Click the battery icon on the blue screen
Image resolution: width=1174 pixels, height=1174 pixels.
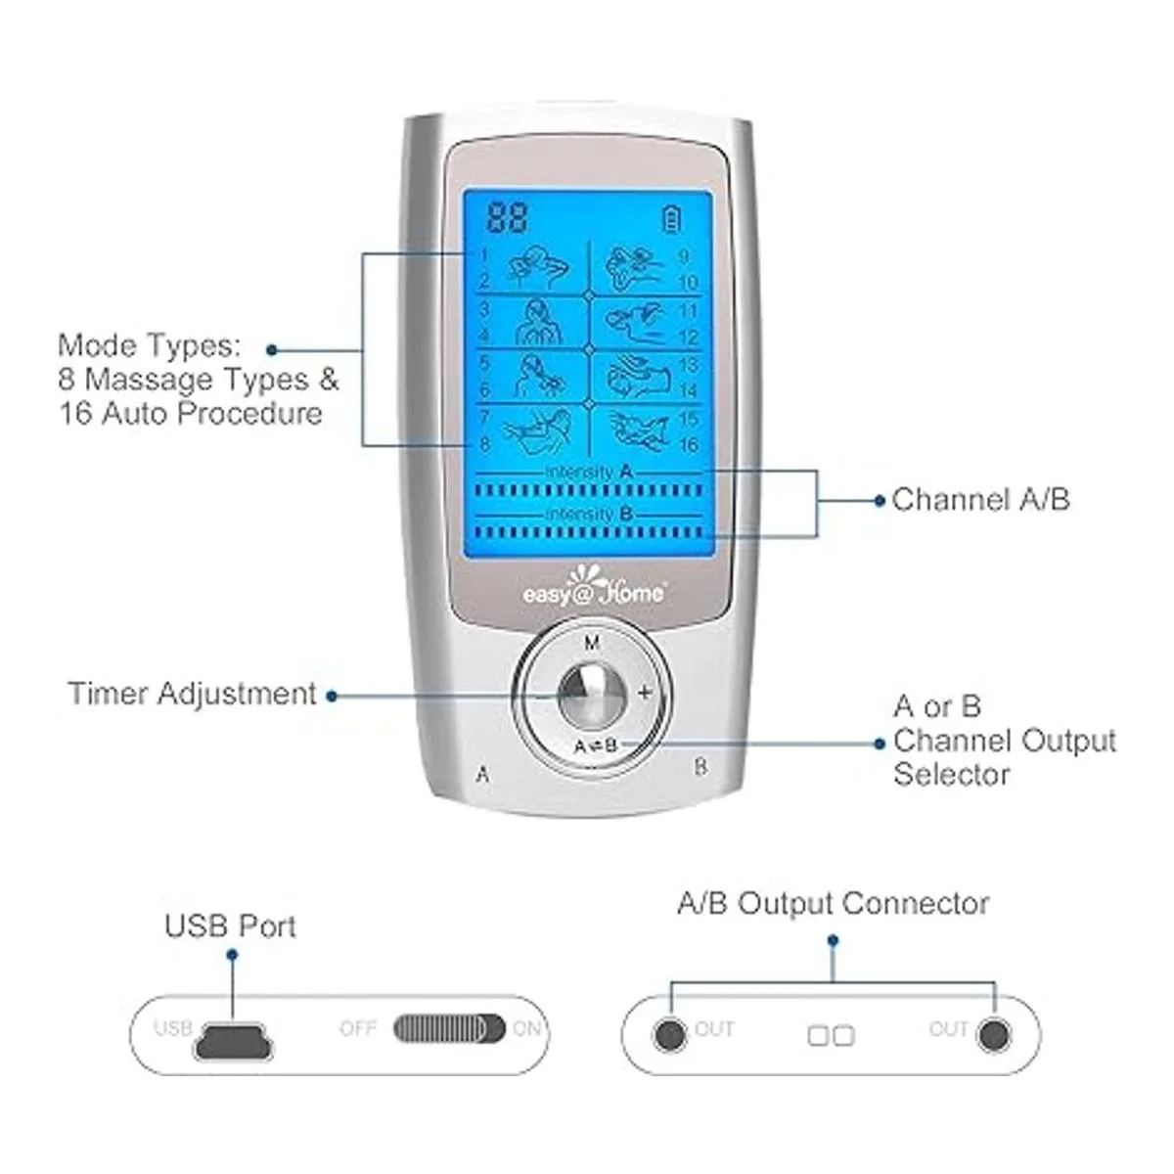(671, 218)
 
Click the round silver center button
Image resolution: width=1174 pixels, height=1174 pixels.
(591, 693)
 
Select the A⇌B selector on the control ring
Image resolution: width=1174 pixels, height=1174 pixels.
(595, 745)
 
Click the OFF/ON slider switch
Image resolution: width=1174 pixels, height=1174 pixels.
(450, 1029)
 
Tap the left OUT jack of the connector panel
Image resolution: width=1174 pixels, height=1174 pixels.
(669, 1033)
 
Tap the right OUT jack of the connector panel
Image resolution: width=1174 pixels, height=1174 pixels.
(994, 1033)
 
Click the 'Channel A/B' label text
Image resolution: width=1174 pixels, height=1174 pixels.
(980, 500)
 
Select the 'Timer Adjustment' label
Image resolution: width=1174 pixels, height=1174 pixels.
(192, 694)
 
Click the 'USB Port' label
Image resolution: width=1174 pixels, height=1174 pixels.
(230, 926)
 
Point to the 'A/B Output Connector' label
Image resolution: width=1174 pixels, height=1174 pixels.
(833, 903)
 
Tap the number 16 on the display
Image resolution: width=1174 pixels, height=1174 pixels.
(688, 446)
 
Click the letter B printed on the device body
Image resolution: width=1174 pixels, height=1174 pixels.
(700, 767)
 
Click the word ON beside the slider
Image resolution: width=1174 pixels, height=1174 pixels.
(526, 1029)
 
